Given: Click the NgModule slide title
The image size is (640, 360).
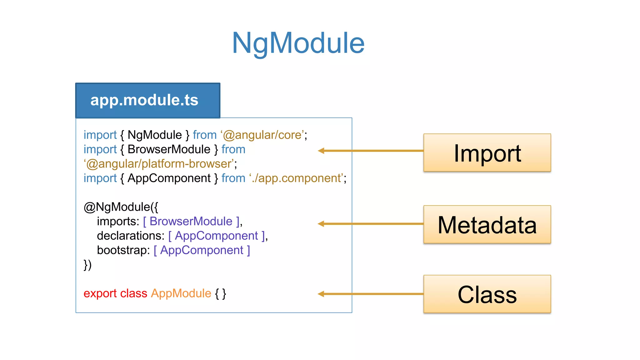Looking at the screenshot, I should tap(298, 43).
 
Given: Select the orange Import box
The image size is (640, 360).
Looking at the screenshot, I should tap(487, 153).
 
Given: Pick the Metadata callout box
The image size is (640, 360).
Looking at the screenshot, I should tap(487, 224).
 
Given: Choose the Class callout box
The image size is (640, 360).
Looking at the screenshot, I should tap(487, 294).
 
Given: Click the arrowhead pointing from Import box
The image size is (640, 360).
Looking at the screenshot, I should tap(321, 151).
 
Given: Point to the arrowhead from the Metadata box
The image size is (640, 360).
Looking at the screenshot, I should tap(321, 224).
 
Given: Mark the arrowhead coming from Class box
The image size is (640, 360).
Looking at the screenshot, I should tap(321, 294).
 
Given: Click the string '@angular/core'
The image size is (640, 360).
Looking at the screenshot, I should tap(262, 135).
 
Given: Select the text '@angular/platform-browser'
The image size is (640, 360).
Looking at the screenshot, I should tap(159, 164).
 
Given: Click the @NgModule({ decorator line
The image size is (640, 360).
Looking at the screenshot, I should tap(121, 207).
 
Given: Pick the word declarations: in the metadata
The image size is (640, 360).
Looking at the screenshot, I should tap(130, 236).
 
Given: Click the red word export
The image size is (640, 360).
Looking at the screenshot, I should tap(100, 293).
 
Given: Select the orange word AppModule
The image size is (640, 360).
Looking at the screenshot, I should tap(181, 293).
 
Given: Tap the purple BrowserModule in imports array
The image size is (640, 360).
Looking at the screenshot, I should tap(191, 221).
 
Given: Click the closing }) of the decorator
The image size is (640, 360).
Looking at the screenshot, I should tap(87, 265).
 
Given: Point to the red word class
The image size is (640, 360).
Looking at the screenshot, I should tap(133, 293).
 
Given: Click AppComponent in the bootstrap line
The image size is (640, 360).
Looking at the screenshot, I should tap(202, 250).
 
